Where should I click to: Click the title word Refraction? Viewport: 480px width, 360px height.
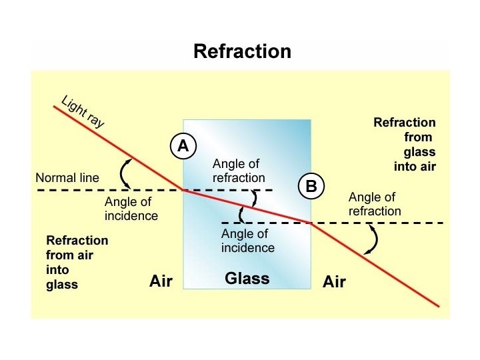click(242, 51)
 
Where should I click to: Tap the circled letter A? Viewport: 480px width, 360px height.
click(183, 146)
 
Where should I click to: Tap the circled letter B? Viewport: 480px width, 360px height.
click(311, 187)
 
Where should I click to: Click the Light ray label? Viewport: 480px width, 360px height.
click(83, 112)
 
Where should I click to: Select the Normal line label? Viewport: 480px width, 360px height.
click(67, 178)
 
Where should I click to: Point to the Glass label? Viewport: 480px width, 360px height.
click(247, 278)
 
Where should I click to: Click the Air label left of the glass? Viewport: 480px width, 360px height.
click(161, 281)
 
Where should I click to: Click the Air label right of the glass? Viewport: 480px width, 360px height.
click(334, 282)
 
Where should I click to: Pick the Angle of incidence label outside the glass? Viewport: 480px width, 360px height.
click(131, 209)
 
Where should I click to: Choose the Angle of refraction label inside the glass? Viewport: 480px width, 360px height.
click(238, 171)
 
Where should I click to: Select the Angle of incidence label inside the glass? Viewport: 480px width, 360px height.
click(247, 241)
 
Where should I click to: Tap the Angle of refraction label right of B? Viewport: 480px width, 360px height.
click(375, 204)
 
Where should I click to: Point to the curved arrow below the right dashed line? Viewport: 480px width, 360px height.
click(371, 240)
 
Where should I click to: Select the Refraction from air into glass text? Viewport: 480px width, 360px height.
click(77, 262)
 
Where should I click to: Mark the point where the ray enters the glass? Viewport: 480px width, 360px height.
click(183, 190)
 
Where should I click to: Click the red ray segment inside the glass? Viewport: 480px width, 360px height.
click(247, 205)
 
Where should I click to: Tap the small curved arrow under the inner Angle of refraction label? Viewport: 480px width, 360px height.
click(254, 199)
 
